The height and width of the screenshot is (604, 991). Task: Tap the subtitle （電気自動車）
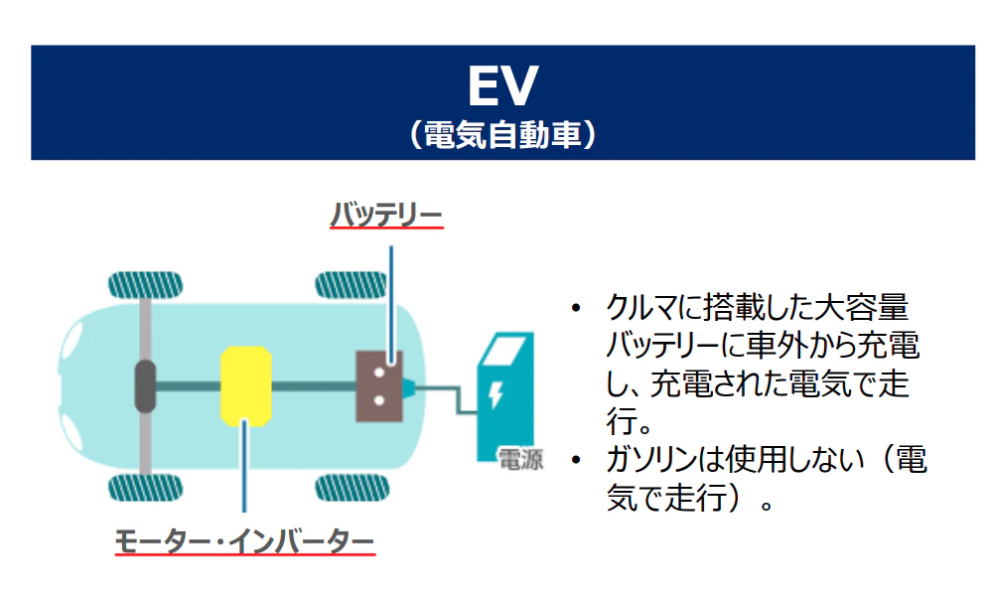502,134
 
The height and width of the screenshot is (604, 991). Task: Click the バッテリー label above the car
386,213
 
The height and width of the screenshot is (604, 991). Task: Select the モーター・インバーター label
245,541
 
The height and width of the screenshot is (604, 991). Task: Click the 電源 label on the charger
519,460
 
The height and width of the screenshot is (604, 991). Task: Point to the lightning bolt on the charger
495,395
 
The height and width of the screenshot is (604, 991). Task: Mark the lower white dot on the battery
379,401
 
